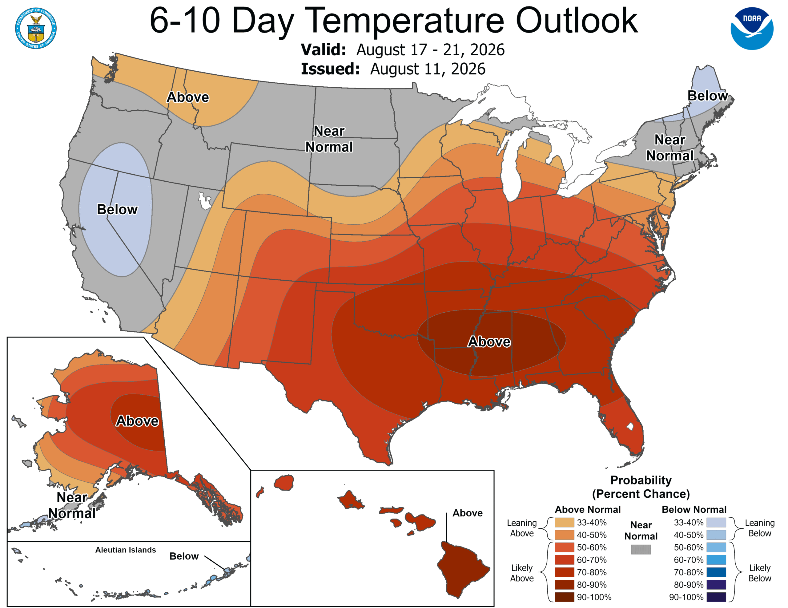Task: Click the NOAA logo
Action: [752, 29]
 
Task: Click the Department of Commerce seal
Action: [36, 28]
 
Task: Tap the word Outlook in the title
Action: [577, 21]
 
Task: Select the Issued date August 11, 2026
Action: [428, 69]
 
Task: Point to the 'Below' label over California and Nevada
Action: [117, 209]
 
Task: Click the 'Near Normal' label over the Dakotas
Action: [329, 139]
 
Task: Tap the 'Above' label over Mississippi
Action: [489, 342]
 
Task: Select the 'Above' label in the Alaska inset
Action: [137, 421]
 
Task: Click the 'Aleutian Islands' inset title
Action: [126, 550]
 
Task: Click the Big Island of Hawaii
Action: [463, 569]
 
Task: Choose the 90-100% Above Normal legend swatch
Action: [564, 597]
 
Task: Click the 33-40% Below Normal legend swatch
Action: [716, 523]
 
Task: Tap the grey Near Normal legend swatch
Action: [641, 549]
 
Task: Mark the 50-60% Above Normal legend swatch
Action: [564, 547]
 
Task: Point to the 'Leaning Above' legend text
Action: [522, 528]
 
